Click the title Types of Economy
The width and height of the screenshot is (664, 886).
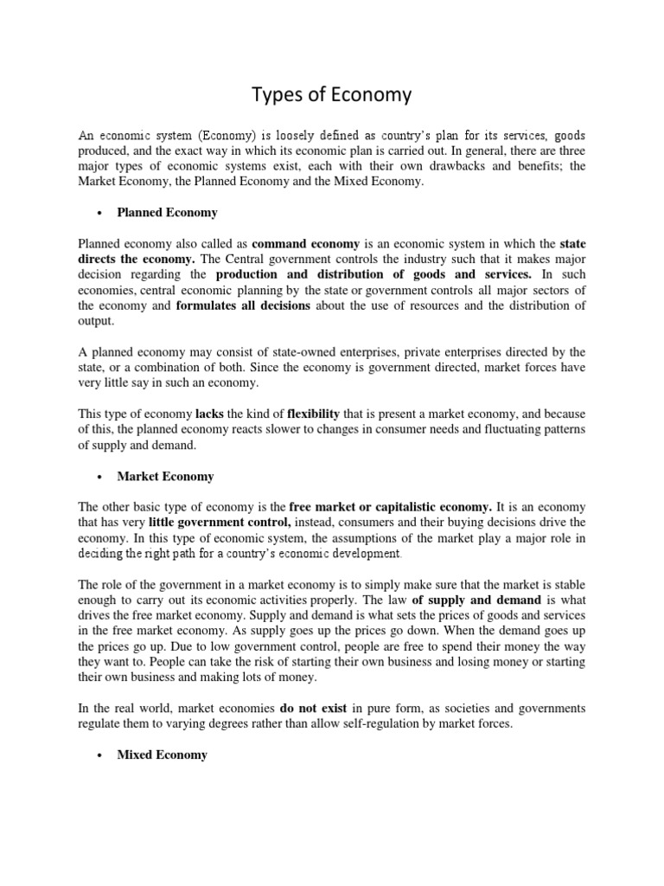(331, 94)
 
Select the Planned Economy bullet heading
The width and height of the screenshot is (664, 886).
(168, 212)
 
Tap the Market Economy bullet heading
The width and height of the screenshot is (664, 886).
(165, 476)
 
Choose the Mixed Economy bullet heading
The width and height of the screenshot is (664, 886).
(163, 754)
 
